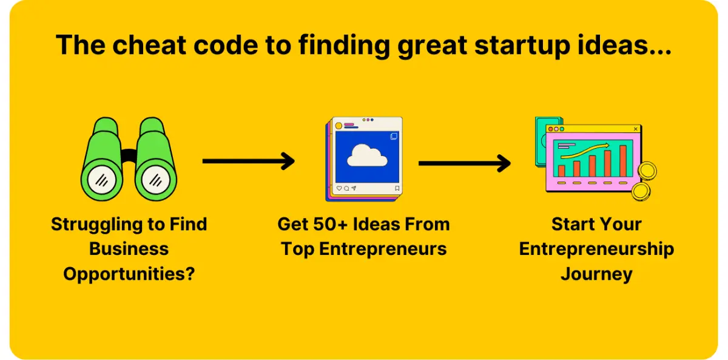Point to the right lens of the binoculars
coord(155,180)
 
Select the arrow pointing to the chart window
coord(464,163)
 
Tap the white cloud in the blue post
coord(367,156)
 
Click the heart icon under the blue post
coord(339,188)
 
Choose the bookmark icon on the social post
coord(397,188)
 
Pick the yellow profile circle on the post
coord(339,126)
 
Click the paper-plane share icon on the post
coord(354,188)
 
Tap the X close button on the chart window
coord(635,129)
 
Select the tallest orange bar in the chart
coord(622,160)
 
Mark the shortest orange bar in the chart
coord(562,171)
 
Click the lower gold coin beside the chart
coord(641,192)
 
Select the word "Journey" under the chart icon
coord(596,274)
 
